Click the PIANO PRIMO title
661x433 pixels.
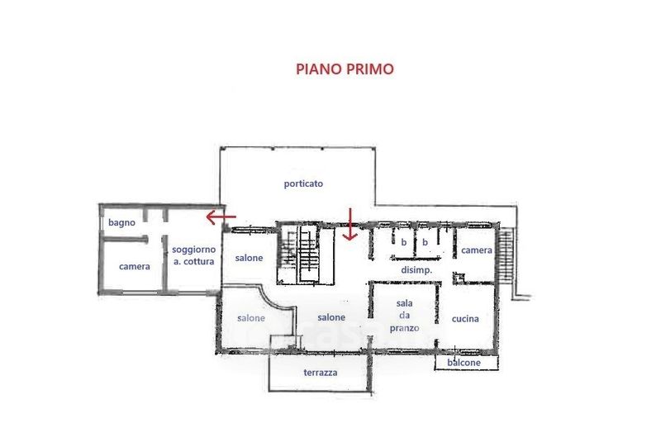pos(345,69)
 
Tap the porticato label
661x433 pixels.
pos(303,183)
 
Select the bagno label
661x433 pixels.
pos(121,222)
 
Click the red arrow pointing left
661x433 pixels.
pos(221,217)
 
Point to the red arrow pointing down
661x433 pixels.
pos(350,224)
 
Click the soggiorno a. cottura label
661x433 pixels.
pos(194,255)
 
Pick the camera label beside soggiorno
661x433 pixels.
pos(135,266)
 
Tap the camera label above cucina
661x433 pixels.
pos(477,250)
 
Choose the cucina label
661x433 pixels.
pos(465,319)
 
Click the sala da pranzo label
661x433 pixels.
pos(404,316)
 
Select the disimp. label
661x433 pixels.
pos(416,270)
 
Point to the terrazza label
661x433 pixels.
pos(321,373)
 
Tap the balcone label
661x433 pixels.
pos(464,363)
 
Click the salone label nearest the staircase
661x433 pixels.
pos(249,258)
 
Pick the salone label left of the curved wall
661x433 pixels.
pos(251,318)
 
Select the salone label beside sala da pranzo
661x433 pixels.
pos(331,317)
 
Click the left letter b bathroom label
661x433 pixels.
pos(404,242)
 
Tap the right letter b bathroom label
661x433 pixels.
pos(425,242)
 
